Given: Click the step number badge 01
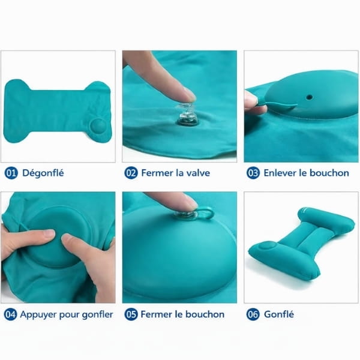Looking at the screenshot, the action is click(x=11, y=173).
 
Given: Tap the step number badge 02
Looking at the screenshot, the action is click(x=131, y=173).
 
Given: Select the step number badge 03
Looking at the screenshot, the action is click(x=253, y=173).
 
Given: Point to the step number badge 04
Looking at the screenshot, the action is click(x=10, y=314).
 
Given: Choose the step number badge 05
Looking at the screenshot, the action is click(x=131, y=314).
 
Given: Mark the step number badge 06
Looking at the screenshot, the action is click(x=253, y=314).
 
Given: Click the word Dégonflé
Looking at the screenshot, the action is click(x=43, y=173).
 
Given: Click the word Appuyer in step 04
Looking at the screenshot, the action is click(x=38, y=315).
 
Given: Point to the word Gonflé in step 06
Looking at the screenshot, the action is click(x=279, y=314).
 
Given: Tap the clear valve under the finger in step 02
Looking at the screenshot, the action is click(x=187, y=115).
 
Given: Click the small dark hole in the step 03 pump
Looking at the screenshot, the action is click(x=309, y=97).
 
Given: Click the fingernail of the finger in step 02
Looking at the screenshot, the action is click(x=190, y=94).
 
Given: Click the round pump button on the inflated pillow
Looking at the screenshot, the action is click(x=266, y=247).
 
